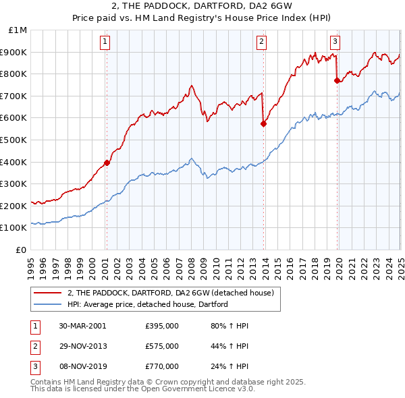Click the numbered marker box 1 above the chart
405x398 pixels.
tap(106, 42)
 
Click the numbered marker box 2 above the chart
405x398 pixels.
tap(261, 42)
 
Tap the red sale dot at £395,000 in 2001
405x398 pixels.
tap(107, 163)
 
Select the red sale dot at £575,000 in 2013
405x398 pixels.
tap(264, 123)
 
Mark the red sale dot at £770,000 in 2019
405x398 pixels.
tap(337, 80)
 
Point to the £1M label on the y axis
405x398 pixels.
tap(19, 30)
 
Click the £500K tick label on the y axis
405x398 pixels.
tap(15, 140)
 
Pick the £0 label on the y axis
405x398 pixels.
tap(22, 250)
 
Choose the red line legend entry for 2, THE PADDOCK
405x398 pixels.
tap(169, 293)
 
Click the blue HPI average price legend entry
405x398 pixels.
tap(146, 304)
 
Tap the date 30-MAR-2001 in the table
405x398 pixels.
tap(82, 325)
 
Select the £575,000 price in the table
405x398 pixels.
tap(162, 346)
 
